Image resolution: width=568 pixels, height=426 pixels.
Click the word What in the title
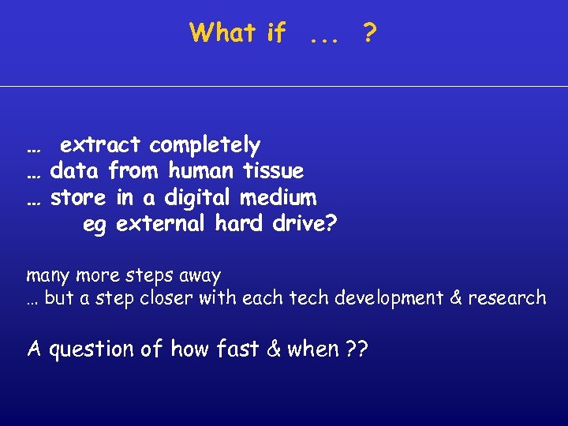pos(222,32)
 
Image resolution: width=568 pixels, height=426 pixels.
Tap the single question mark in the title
pos(368,32)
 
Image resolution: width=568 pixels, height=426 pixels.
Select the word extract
pos(100,145)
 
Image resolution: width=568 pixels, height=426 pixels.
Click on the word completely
pos(204,145)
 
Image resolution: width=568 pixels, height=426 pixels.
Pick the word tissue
pos(274,170)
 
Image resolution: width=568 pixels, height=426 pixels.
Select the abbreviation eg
pos(94,225)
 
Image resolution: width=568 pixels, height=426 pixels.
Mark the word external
pos(162,224)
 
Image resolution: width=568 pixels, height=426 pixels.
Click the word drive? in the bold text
pos(304,224)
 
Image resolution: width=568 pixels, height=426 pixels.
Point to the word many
pos(47,277)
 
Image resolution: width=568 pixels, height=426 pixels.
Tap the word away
pos(200,277)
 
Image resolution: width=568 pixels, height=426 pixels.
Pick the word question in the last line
pos(93,349)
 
